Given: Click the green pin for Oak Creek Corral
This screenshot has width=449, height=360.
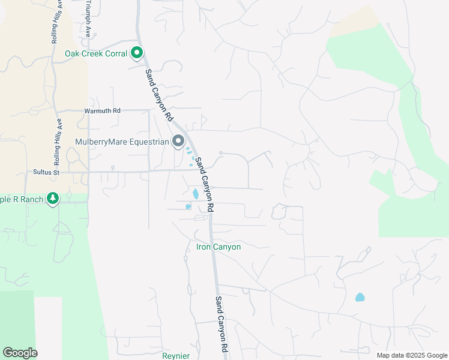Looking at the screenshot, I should (137, 53).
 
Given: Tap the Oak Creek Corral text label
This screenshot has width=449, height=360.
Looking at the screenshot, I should (96, 54).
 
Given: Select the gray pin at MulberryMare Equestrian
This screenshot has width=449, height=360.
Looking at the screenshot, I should (178, 142).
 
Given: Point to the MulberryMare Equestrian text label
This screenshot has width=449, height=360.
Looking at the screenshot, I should (122, 142).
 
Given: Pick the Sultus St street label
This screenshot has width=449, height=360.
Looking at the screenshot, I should (46, 172).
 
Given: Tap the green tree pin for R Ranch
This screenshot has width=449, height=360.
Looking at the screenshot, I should (53, 198).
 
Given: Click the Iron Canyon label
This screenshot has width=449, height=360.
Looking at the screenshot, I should (218, 247).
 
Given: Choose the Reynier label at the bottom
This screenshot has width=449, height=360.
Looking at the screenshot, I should (176, 355).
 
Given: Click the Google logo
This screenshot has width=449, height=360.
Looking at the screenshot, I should (20, 353).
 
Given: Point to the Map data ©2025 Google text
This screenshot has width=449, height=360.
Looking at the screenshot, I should (411, 355).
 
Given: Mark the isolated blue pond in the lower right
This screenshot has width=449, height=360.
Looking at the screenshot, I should (360, 297).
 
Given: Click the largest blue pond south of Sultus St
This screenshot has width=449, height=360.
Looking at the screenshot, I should (196, 194).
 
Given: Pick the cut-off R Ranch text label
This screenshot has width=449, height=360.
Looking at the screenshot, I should (22, 199).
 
